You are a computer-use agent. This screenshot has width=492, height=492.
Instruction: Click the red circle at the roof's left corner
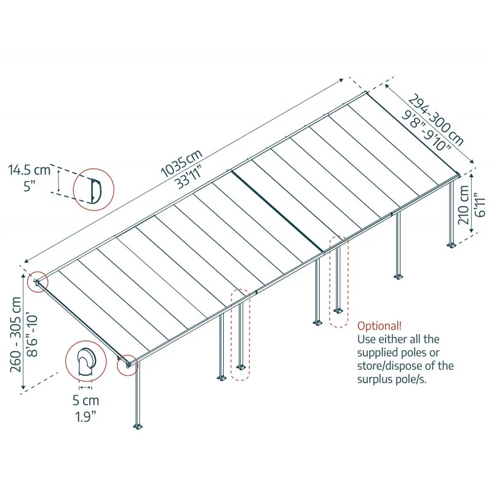pos(38,282)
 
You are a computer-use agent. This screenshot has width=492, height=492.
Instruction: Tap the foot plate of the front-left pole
pos(138,426)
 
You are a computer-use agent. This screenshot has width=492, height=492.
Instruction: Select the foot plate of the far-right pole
pos(453,246)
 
